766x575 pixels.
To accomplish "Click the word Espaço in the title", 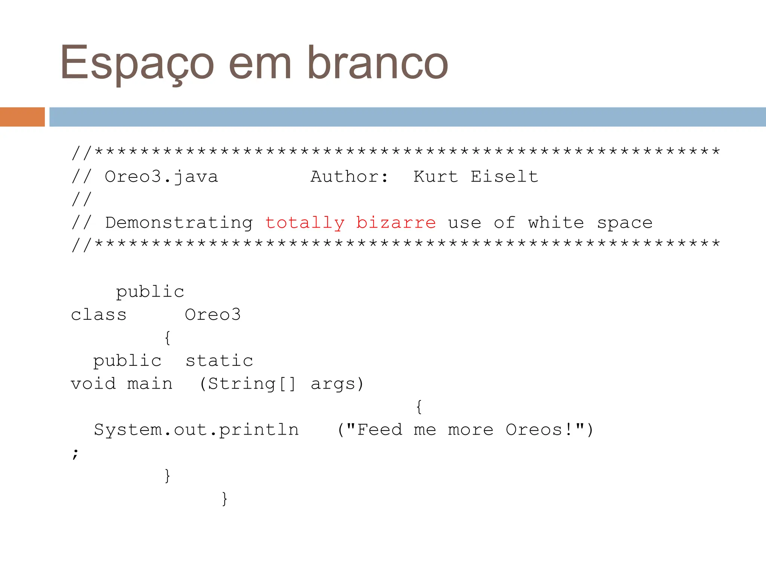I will pyautogui.click(x=137, y=63).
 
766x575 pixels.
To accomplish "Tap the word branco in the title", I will pyautogui.click(x=377, y=63).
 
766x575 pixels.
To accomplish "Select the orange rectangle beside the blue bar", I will pyautogui.click(x=22, y=117).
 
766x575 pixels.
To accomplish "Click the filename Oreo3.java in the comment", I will pyautogui.click(x=161, y=177).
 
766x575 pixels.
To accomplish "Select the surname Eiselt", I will pyautogui.click(x=504, y=177).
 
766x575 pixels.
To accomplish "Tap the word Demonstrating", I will pyautogui.click(x=179, y=223).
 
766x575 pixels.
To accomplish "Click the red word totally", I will pyautogui.click(x=305, y=223).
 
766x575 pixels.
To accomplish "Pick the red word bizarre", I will pyautogui.click(x=396, y=223).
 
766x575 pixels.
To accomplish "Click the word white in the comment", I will pyautogui.click(x=556, y=223).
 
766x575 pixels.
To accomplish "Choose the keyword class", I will pyautogui.click(x=99, y=315).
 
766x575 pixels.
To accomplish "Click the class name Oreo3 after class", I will pyautogui.click(x=213, y=315).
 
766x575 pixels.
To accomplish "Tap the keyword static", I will pyautogui.click(x=219, y=361).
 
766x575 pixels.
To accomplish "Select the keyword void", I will pyautogui.click(x=93, y=384).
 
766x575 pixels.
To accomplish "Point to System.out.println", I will pyautogui.click(x=196, y=430).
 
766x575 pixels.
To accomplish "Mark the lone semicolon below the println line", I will pyautogui.click(x=76, y=453).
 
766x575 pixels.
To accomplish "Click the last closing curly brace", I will pyautogui.click(x=224, y=499).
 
